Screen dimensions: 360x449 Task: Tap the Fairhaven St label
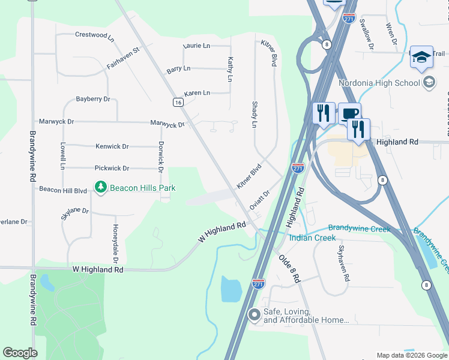point(123,57)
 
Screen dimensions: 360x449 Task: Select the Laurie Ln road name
point(197,46)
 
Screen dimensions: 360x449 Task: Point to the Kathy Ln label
point(230,69)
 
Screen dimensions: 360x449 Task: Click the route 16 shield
point(178,103)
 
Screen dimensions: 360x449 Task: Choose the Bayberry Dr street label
point(93,98)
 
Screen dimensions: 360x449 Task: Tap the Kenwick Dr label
point(112,146)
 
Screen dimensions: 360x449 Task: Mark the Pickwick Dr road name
point(112,169)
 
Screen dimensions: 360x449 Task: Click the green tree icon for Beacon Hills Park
point(100,188)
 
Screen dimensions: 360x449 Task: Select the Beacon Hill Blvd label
point(63,190)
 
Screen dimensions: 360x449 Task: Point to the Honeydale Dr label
point(115,244)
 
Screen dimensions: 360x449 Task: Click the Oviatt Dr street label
point(260,200)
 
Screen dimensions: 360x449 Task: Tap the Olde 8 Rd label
point(289,268)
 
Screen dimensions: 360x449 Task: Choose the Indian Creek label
point(312,238)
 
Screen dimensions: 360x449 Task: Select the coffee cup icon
point(349,113)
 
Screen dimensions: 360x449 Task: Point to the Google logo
point(20,353)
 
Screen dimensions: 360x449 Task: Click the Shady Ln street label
point(253,114)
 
